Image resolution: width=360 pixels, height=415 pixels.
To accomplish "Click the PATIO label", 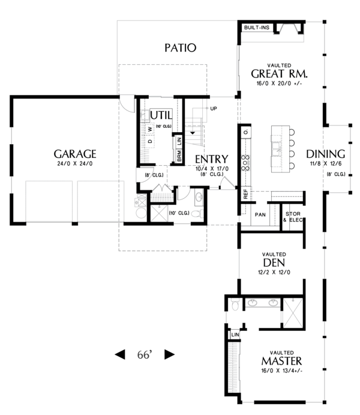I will click(x=180, y=47).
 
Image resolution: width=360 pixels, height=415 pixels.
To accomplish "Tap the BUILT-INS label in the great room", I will click(x=256, y=28).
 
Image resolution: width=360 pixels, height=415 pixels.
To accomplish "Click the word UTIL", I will click(x=161, y=115).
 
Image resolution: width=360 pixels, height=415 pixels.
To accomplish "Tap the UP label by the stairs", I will click(x=212, y=108).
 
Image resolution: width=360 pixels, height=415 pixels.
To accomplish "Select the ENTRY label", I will click(x=211, y=160).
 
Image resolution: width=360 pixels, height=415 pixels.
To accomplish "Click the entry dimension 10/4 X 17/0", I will click(x=211, y=169).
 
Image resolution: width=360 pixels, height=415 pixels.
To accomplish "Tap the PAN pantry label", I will click(x=260, y=214).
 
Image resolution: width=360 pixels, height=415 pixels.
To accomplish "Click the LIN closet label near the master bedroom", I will click(x=235, y=334).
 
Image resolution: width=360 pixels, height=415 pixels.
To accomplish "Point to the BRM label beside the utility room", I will click(x=179, y=156).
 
